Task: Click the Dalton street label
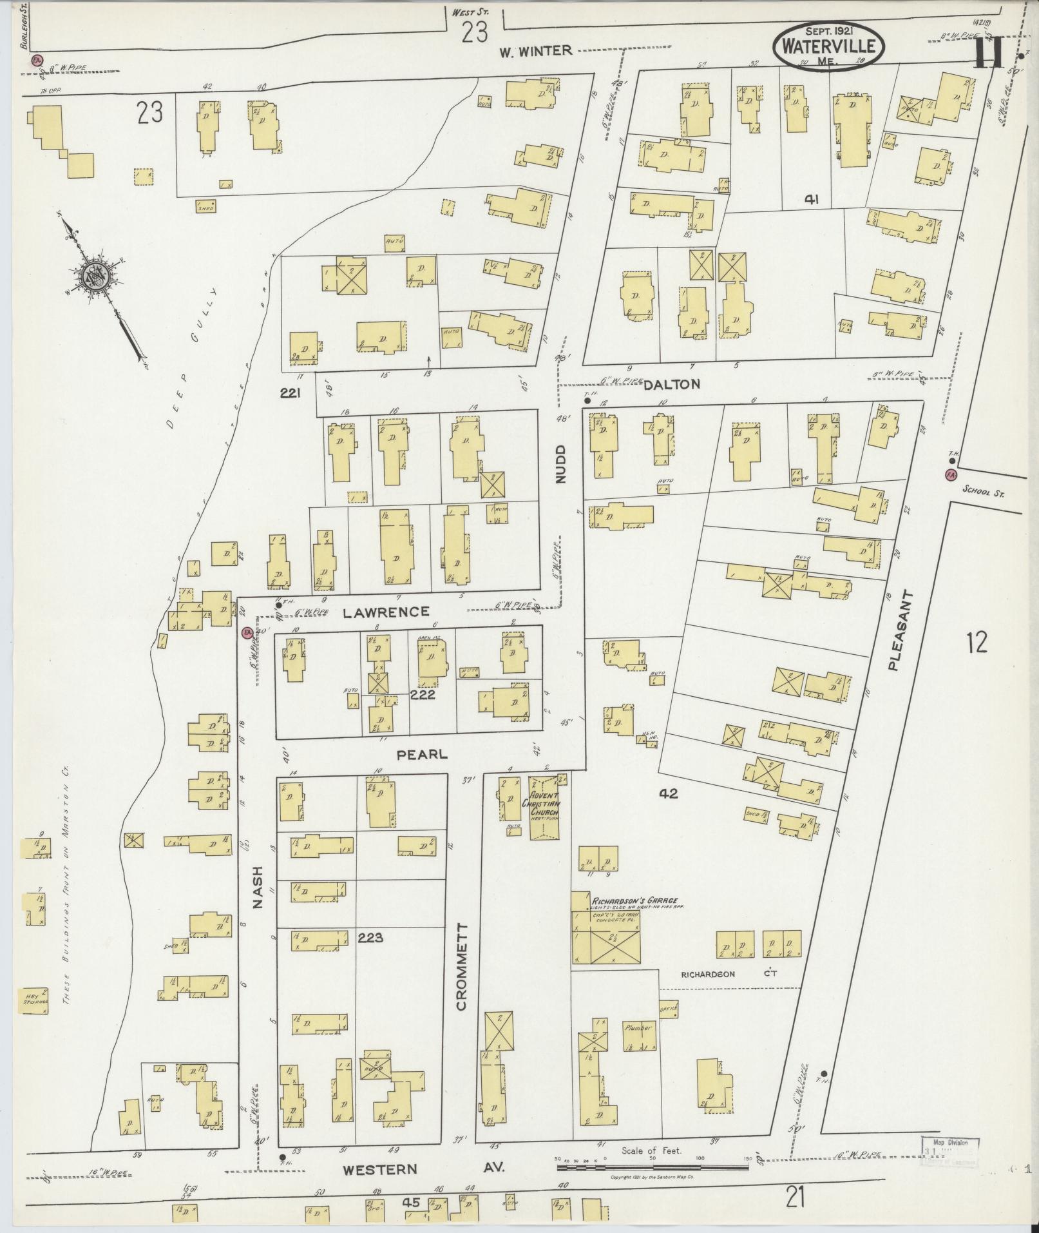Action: coord(671,384)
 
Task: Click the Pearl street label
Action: coord(422,753)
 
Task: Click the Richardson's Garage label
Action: coord(631,901)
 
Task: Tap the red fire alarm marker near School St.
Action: coord(950,475)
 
